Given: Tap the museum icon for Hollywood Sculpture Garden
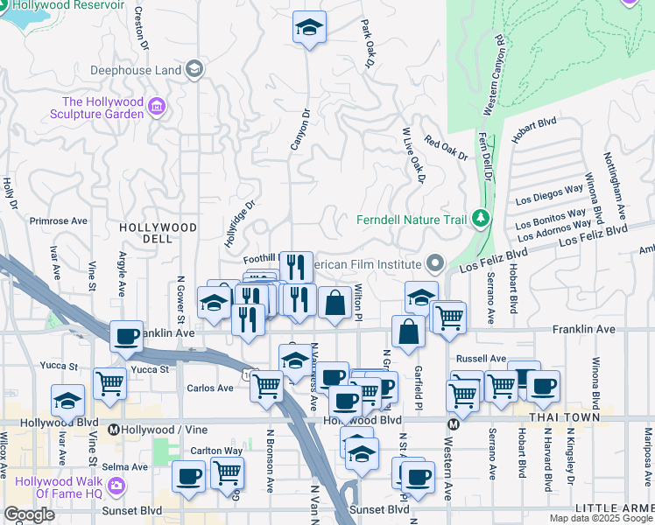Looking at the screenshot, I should [x=158, y=107].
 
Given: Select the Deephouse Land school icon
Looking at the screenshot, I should [x=194, y=69].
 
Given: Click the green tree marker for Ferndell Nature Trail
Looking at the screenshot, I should [x=479, y=217].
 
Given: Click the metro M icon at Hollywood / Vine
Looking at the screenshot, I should [x=113, y=430].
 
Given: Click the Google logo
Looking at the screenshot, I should [x=29, y=514].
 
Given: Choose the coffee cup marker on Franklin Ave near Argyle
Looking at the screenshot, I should [x=127, y=336].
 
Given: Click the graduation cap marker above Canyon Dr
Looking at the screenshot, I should [x=309, y=28].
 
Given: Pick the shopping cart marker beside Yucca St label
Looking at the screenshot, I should [x=109, y=382].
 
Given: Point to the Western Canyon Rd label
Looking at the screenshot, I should [x=493, y=75].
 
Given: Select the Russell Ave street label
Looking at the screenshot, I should [x=481, y=359].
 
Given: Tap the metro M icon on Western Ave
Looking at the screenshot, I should [x=454, y=424].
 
